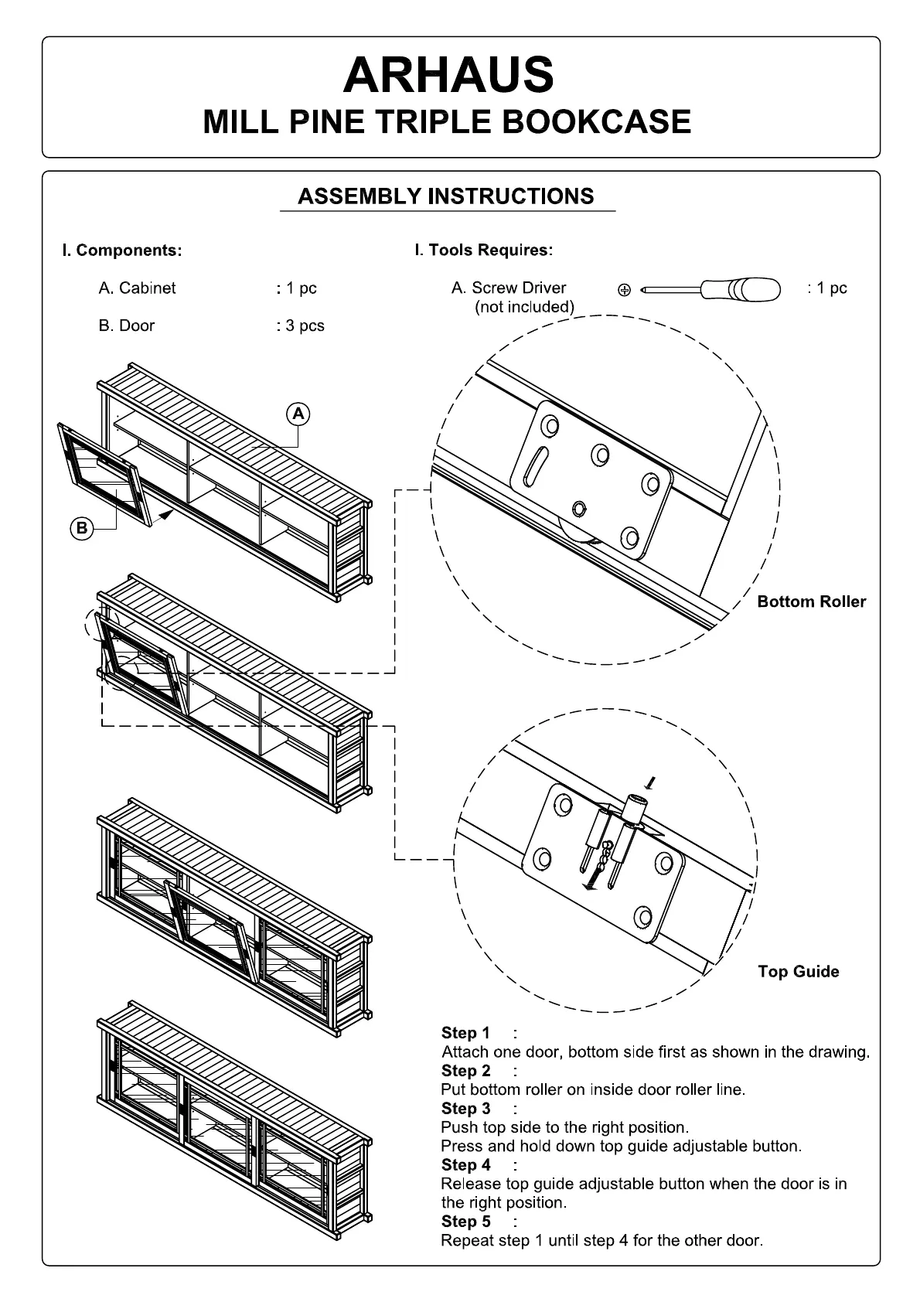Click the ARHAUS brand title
coord(448,75)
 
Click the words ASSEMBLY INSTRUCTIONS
coord(446,196)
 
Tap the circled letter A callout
coord(298,414)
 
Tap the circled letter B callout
coord(81,529)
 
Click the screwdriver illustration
coord(711,290)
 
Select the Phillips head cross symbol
coord(624,291)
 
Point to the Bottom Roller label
coord(811,602)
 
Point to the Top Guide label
coord(798,971)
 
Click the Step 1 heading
coord(465,1033)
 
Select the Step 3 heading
coord(465,1108)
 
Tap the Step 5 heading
coord(465,1221)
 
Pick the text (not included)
coord(524,307)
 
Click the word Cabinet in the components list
coord(147,288)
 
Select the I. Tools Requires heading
coord(484,250)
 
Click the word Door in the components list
coord(136,325)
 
